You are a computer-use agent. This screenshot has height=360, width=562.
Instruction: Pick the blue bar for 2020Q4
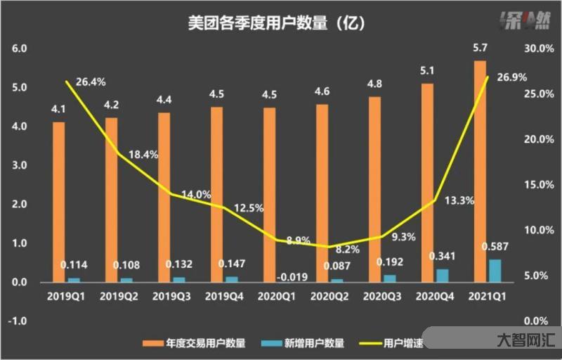(x=443, y=275)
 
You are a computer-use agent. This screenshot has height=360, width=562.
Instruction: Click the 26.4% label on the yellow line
(x=91, y=82)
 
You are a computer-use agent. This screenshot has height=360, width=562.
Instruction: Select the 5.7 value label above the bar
(x=480, y=49)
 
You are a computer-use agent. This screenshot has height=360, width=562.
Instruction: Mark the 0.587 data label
(x=495, y=247)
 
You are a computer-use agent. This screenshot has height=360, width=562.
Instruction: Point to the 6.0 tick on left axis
(x=19, y=49)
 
